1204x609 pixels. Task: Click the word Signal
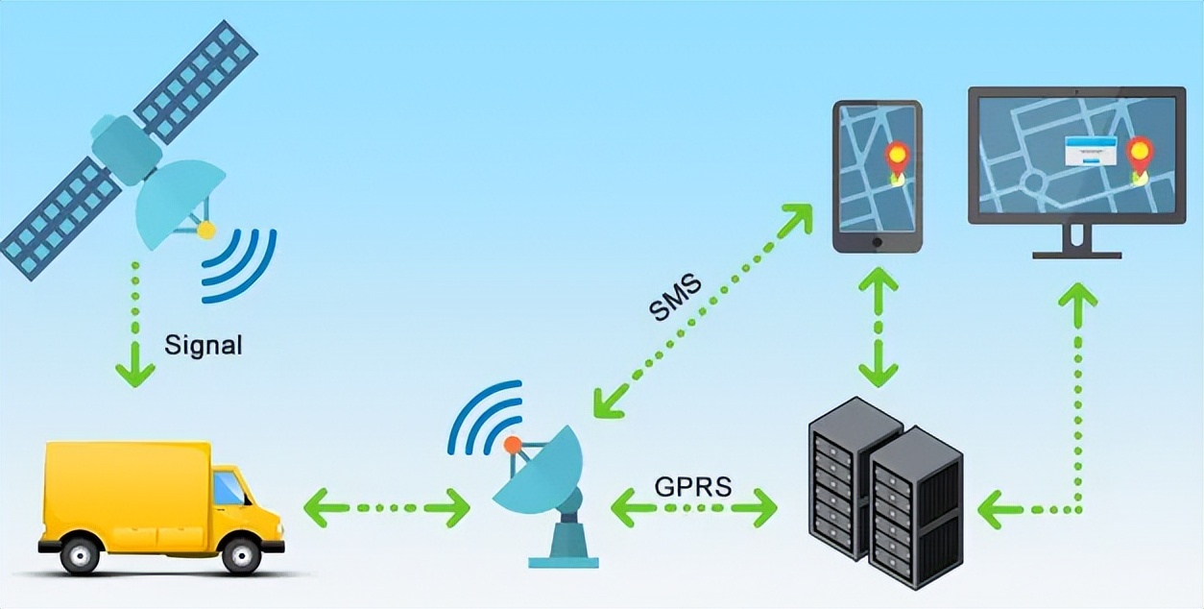tap(203, 345)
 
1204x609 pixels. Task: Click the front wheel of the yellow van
tap(240, 554)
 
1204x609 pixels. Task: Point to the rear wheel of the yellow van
tap(80, 554)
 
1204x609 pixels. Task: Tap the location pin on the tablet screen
tap(897, 159)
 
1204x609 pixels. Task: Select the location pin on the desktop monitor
tap(1139, 157)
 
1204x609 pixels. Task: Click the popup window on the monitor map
tap(1091, 152)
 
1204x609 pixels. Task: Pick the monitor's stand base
tap(1076, 254)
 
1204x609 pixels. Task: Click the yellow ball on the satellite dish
tap(205, 230)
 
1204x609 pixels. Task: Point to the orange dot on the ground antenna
tap(513, 445)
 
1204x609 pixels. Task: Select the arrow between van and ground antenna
tap(387, 507)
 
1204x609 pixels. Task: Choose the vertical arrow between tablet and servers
tap(879, 327)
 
